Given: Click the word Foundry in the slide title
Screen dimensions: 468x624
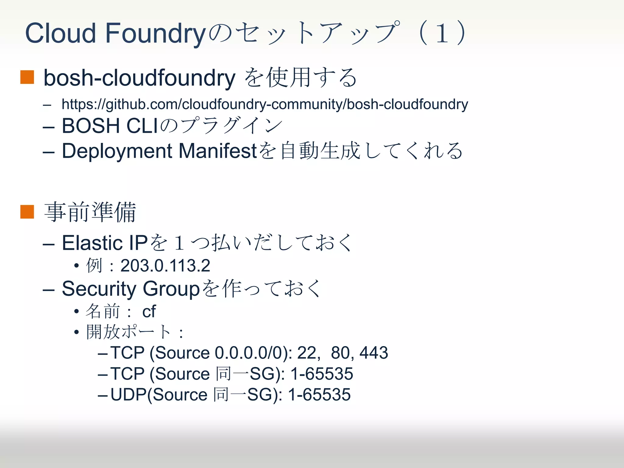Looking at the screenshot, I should (x=156, y=33).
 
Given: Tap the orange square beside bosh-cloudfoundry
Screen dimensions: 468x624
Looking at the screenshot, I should (x=27, y=77).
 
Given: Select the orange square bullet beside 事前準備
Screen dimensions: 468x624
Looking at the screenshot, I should (x=27, y=212).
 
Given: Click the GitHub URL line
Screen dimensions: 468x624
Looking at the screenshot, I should (x=264, y=104).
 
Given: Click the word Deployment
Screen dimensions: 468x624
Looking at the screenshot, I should (x=117, y=151).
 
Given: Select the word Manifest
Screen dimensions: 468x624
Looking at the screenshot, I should (x=218, y=151).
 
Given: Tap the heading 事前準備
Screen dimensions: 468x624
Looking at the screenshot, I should (x=90, y=212).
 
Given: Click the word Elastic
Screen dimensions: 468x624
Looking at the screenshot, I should (x=92, y=243).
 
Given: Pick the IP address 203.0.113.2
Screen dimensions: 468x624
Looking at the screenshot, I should (x=165, y=265).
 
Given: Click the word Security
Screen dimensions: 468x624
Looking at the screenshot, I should (x=99, y=289).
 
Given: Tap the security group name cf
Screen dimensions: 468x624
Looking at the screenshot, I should (x=149, y=311).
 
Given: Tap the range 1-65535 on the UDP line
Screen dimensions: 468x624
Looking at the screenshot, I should (x=319, y=395).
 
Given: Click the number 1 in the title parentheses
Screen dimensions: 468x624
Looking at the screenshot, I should (x=442, y=33).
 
